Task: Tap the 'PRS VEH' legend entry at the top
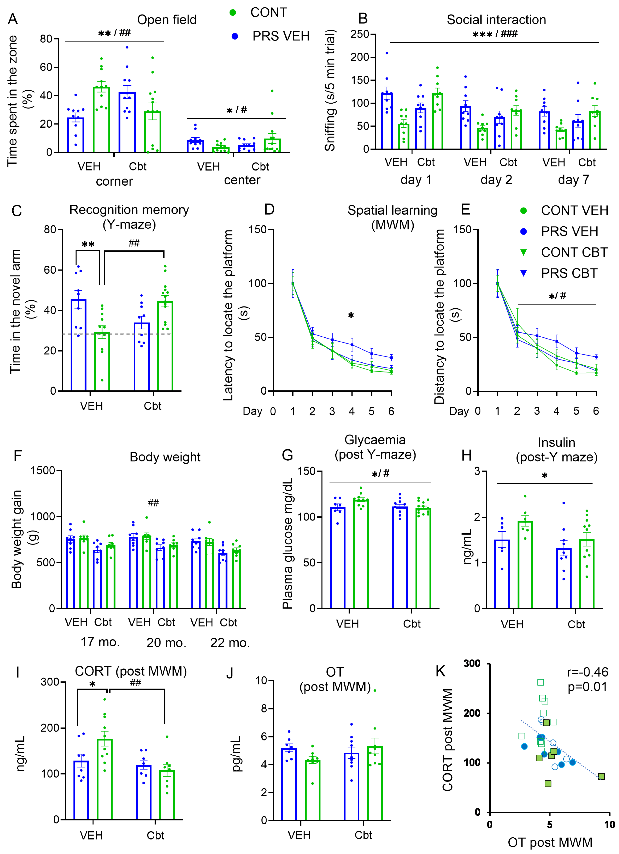coord(281,36)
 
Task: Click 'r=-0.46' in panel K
coord(587,672)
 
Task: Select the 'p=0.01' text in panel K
coord(587,687)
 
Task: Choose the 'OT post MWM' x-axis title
coord(550,842)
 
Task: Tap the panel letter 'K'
coord(441,671)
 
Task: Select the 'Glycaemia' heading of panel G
coord(375,440)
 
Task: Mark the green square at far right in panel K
coord(601,776)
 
